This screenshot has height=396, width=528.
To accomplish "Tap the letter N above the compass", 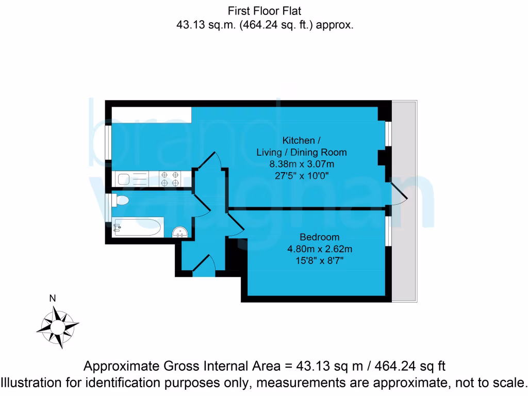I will (x=52, y=298).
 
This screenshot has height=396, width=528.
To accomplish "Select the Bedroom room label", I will (x=320, y=237).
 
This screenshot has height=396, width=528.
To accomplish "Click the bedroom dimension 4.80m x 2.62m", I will (x=320, y=249).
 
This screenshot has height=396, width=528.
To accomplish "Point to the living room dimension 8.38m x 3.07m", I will (x=302, y=164).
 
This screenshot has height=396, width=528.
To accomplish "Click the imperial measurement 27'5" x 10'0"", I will (x=302, y=176).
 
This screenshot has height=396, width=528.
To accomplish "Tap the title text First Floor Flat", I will (x=264, y=10).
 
